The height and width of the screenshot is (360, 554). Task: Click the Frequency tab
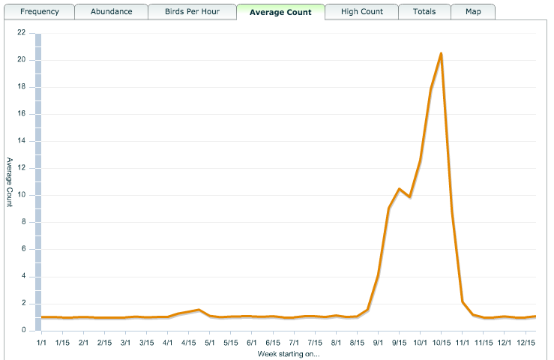tap(40, 12)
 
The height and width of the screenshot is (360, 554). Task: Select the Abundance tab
tap(111, 12)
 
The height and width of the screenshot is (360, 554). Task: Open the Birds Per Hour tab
tap(192, 12)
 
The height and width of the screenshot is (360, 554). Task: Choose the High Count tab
tap(361, 12)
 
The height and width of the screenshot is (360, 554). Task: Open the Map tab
tap(473, 12)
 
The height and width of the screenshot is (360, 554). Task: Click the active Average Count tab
tap(280, 12)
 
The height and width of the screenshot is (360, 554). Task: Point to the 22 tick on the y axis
tap(21, 33)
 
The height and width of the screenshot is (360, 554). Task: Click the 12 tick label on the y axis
tap(21, 168)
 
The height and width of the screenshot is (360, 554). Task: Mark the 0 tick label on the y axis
tap(23, 331)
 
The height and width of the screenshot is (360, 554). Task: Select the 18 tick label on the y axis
tap(21, 87)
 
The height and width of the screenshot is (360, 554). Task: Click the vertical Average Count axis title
tap(9, 181)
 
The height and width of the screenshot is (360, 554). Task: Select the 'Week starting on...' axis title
tap(289, 352)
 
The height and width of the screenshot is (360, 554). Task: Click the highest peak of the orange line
tap(441, 53)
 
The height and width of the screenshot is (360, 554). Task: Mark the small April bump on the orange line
tap(198, 310)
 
